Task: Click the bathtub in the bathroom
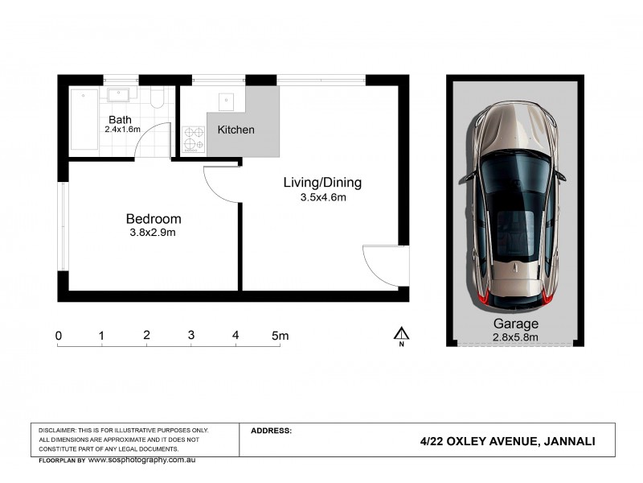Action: [84, 119]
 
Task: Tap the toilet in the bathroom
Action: [158, 97]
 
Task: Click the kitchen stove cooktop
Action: [193, 138]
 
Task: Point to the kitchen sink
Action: [227, 101]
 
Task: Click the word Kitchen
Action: [236, 130]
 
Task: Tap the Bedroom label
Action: [154, 219]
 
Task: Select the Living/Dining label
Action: [322, 183]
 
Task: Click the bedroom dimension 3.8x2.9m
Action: [154, 233]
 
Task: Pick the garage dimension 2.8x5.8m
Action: [515, 337]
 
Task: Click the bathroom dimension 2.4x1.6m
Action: [122, 129]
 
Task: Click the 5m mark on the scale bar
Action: [279, 335]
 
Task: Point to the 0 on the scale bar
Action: [59, 335]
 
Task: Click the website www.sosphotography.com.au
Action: [141, 460]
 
